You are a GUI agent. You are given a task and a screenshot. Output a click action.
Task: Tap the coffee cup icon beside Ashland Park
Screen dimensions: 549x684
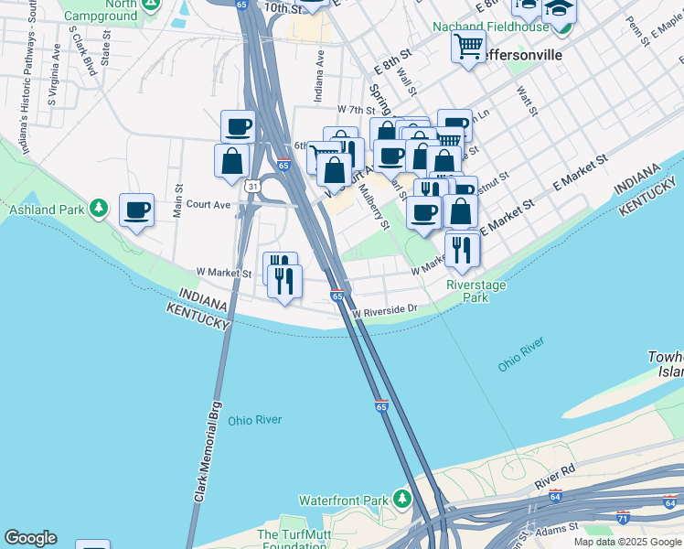click(137, 210)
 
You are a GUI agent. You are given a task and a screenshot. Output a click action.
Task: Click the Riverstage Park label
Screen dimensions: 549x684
click(475, 291)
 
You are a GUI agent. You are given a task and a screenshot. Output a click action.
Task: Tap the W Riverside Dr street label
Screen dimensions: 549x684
click(384, 309)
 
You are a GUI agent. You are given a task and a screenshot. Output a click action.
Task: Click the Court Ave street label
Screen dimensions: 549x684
click(208, 205)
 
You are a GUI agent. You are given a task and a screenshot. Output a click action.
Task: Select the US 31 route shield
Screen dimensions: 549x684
click(251, 186)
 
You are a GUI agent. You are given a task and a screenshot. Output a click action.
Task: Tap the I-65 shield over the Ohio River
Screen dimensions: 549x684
click(380, 405)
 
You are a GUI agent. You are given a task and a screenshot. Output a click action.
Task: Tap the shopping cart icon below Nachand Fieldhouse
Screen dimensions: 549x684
click(468, 46)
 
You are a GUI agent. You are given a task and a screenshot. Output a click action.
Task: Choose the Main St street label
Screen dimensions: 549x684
click(178, 201)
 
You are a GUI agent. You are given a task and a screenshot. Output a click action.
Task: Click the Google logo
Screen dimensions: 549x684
click(30, 538)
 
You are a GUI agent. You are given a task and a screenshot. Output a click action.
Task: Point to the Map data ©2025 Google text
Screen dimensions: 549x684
click(626, 542)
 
